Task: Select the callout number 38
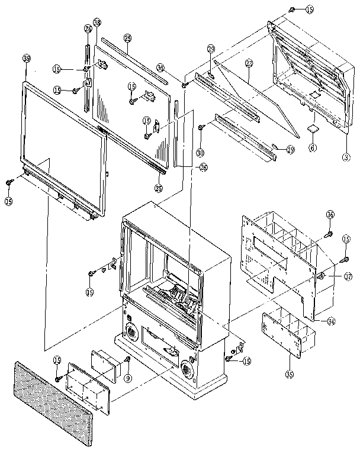coord(97,22)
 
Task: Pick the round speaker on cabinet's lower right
coord(187,371)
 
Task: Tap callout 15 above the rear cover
coord(310,9)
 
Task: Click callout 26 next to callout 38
coord(88,28)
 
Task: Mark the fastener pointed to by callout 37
coord(320,276)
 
